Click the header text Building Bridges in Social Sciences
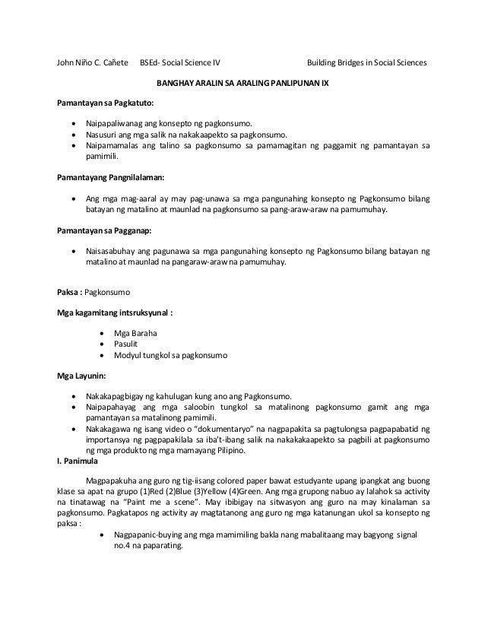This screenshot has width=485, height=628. tap(366, 62)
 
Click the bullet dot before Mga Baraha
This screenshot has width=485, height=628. tap(103, 333)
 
